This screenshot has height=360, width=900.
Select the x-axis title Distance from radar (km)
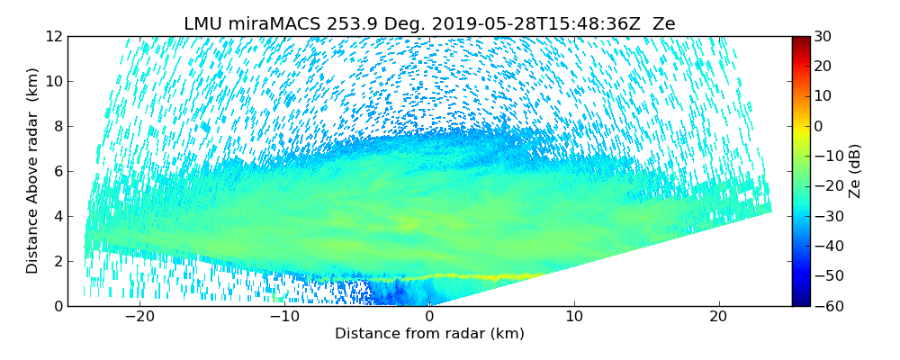click(x=429, y=334)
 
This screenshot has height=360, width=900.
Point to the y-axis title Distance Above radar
click(x=33, y=171)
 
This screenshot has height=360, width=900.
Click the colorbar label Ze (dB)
click(x=855, y=171)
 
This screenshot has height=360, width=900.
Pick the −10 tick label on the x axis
click(x=284, y=317)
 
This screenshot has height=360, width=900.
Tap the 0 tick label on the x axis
click(x=429, y=317)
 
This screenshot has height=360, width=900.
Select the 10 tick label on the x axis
click(x=574, y=317)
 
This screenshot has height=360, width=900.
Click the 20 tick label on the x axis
click(x=718, y=317)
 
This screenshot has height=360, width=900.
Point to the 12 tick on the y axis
click(x=53, y=37)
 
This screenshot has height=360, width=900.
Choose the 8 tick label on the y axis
click(x=57, y=127)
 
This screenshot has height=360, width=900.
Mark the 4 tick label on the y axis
click(x=57, y=217)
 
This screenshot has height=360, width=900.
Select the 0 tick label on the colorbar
click(x=820, y=127)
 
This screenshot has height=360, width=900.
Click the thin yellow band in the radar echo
click(x=486, y=276)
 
